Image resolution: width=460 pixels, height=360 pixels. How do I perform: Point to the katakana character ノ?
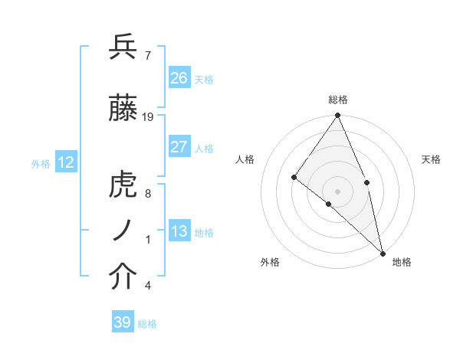pos(123,231)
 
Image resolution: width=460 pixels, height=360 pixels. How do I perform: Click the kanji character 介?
pos(123,277)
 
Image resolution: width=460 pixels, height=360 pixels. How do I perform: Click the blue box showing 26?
pos(179,78)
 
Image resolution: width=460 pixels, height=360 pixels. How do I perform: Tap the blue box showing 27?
pos(179,147)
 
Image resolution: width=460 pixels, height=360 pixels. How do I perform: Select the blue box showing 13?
pos(179,231)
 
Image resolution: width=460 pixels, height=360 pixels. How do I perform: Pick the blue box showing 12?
pos(66,162)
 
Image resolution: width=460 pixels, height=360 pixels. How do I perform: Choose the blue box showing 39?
pos(123,322)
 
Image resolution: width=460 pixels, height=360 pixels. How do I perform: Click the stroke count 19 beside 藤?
pos(148,117)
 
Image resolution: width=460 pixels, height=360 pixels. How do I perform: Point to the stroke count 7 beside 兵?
pos(147,54)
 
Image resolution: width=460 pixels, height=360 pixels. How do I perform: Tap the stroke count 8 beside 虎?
pos(147,194)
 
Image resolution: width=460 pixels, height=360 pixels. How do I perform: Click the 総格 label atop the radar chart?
pos(338,100)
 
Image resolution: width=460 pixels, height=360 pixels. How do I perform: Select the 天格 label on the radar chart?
pos(432,159)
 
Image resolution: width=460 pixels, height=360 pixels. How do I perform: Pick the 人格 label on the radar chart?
pos(245,159)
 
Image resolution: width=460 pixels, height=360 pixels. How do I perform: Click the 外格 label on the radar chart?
pos(270,262)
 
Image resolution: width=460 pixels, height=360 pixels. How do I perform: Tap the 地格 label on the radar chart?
pos(402,262)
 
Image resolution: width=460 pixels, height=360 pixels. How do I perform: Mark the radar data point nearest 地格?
pos(382,252)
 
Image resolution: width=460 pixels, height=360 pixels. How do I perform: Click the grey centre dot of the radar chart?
pos(337,191)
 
